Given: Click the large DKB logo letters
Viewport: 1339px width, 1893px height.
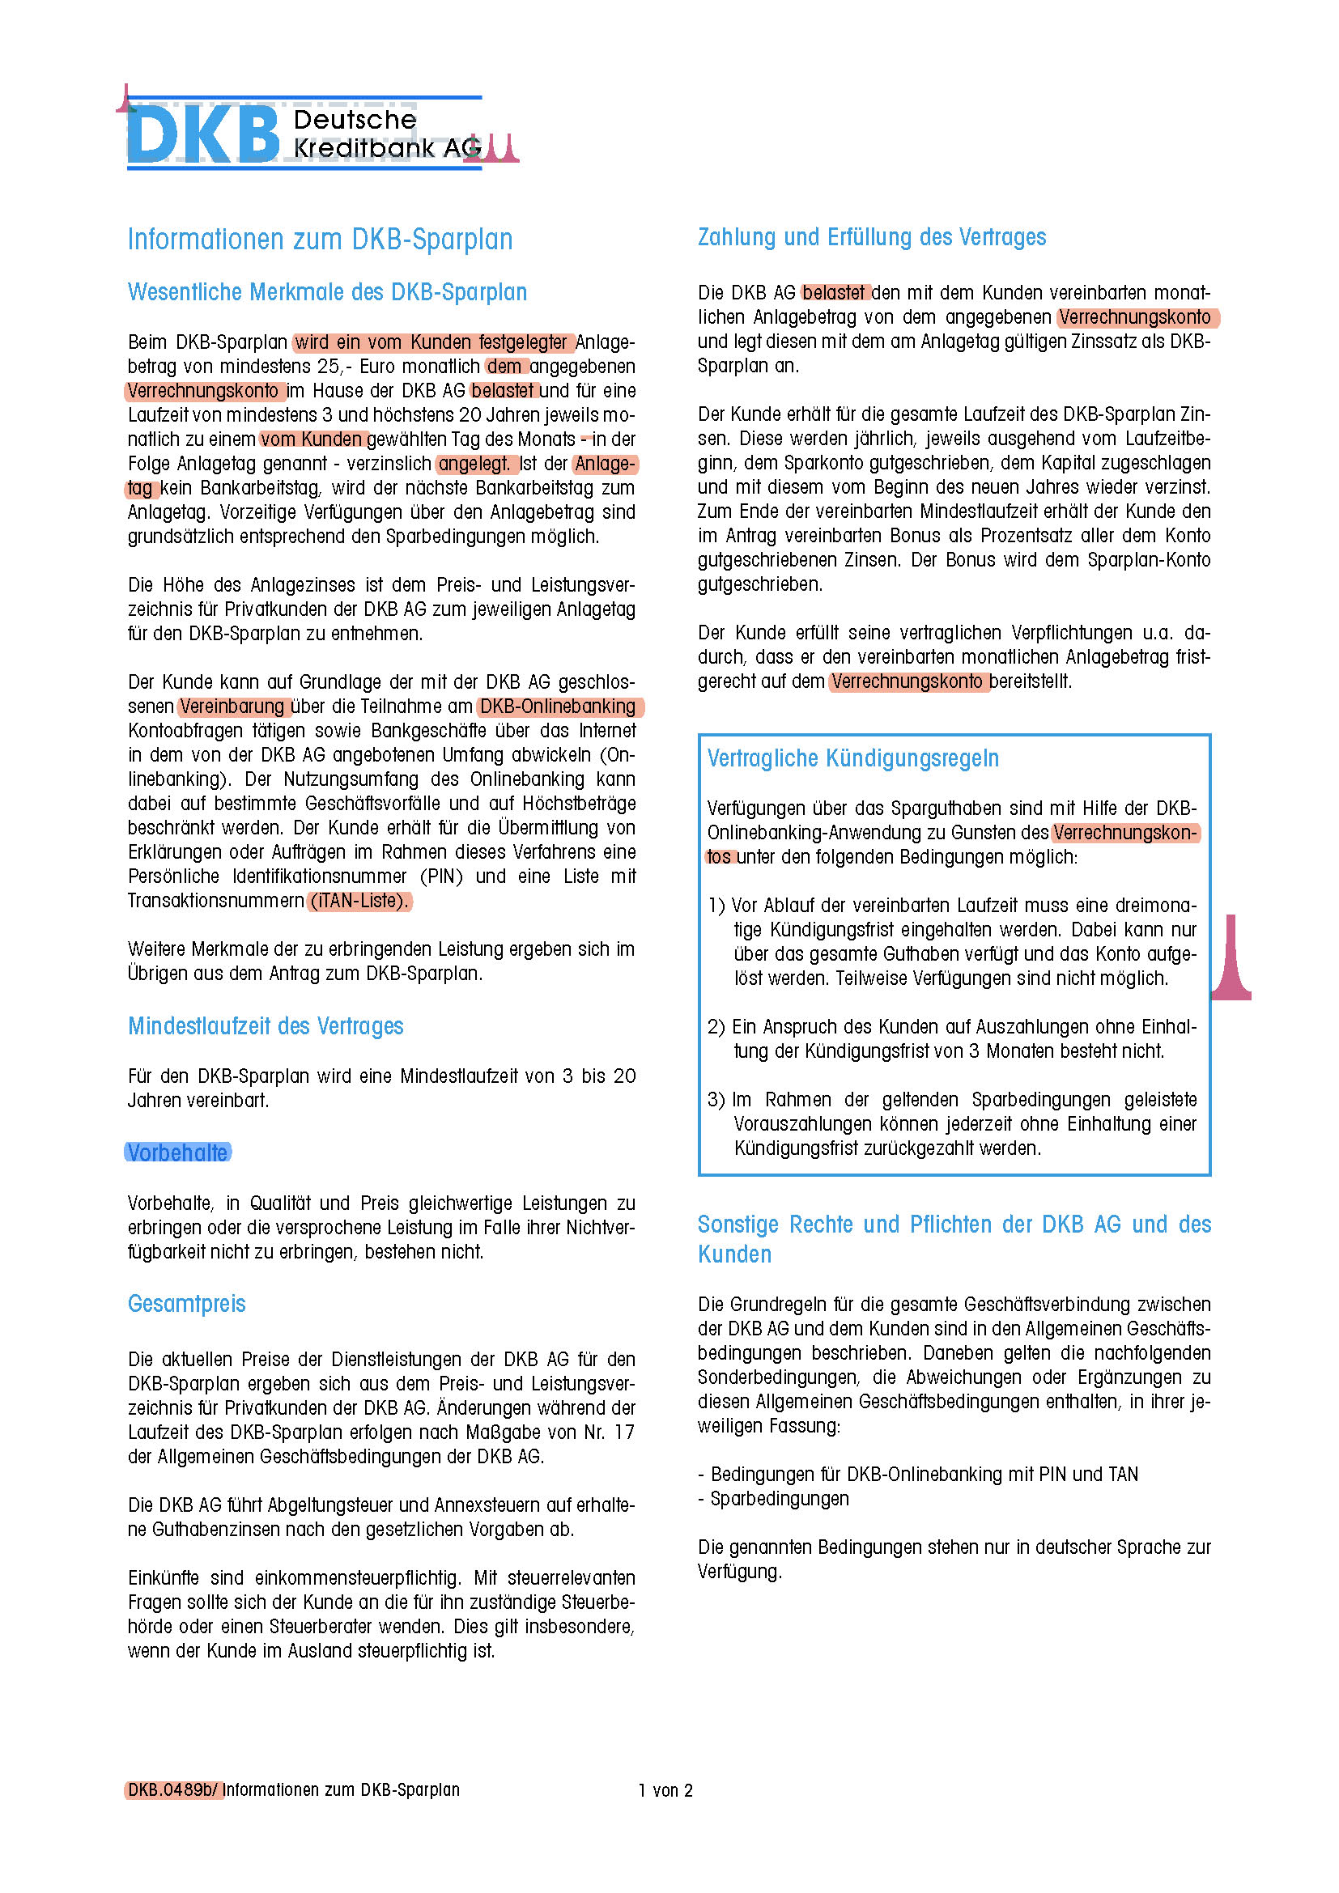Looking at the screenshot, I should [203, 134].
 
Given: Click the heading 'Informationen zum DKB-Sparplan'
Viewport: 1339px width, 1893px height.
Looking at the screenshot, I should [320, 239].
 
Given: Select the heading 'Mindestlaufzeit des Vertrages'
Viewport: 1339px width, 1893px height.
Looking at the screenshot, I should [266, 1025].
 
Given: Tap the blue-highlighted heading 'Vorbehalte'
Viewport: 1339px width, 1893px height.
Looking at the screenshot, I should [177, 1152].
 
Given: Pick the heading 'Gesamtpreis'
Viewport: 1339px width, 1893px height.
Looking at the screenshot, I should [186, 1304].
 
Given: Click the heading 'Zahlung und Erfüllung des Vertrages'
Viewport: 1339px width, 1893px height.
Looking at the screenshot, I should [872, 237].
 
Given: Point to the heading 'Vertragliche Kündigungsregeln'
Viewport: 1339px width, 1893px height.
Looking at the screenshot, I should [852, 758].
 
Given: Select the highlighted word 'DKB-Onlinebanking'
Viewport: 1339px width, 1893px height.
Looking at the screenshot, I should [559, 707].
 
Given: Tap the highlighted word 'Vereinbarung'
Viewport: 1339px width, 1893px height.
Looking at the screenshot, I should [232, 707].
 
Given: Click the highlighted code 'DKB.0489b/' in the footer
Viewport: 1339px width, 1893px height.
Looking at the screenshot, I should [173, 1789].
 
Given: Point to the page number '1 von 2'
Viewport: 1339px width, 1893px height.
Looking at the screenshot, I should [665, 1790].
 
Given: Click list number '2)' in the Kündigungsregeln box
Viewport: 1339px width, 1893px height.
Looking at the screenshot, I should [716, 1026].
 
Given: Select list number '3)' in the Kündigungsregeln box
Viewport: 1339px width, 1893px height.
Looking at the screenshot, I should [716, 1100].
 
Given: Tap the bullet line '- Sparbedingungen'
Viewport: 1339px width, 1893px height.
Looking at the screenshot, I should [773, 1498].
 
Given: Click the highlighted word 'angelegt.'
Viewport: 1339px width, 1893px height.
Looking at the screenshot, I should [474, 464].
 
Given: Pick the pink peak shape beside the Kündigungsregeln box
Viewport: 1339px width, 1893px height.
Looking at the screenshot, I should [1231, 961].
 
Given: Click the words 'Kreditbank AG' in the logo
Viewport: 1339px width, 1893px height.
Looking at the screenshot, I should [387, 148].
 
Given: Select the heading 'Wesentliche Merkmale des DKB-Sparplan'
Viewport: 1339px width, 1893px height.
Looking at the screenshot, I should [326, 292].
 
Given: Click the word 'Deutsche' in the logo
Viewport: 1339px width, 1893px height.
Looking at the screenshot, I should [355, 121].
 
